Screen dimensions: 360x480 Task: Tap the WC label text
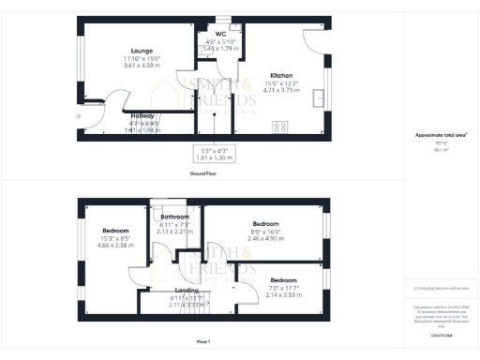(222, 34)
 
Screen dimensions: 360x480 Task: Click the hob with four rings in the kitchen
(279, 127)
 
